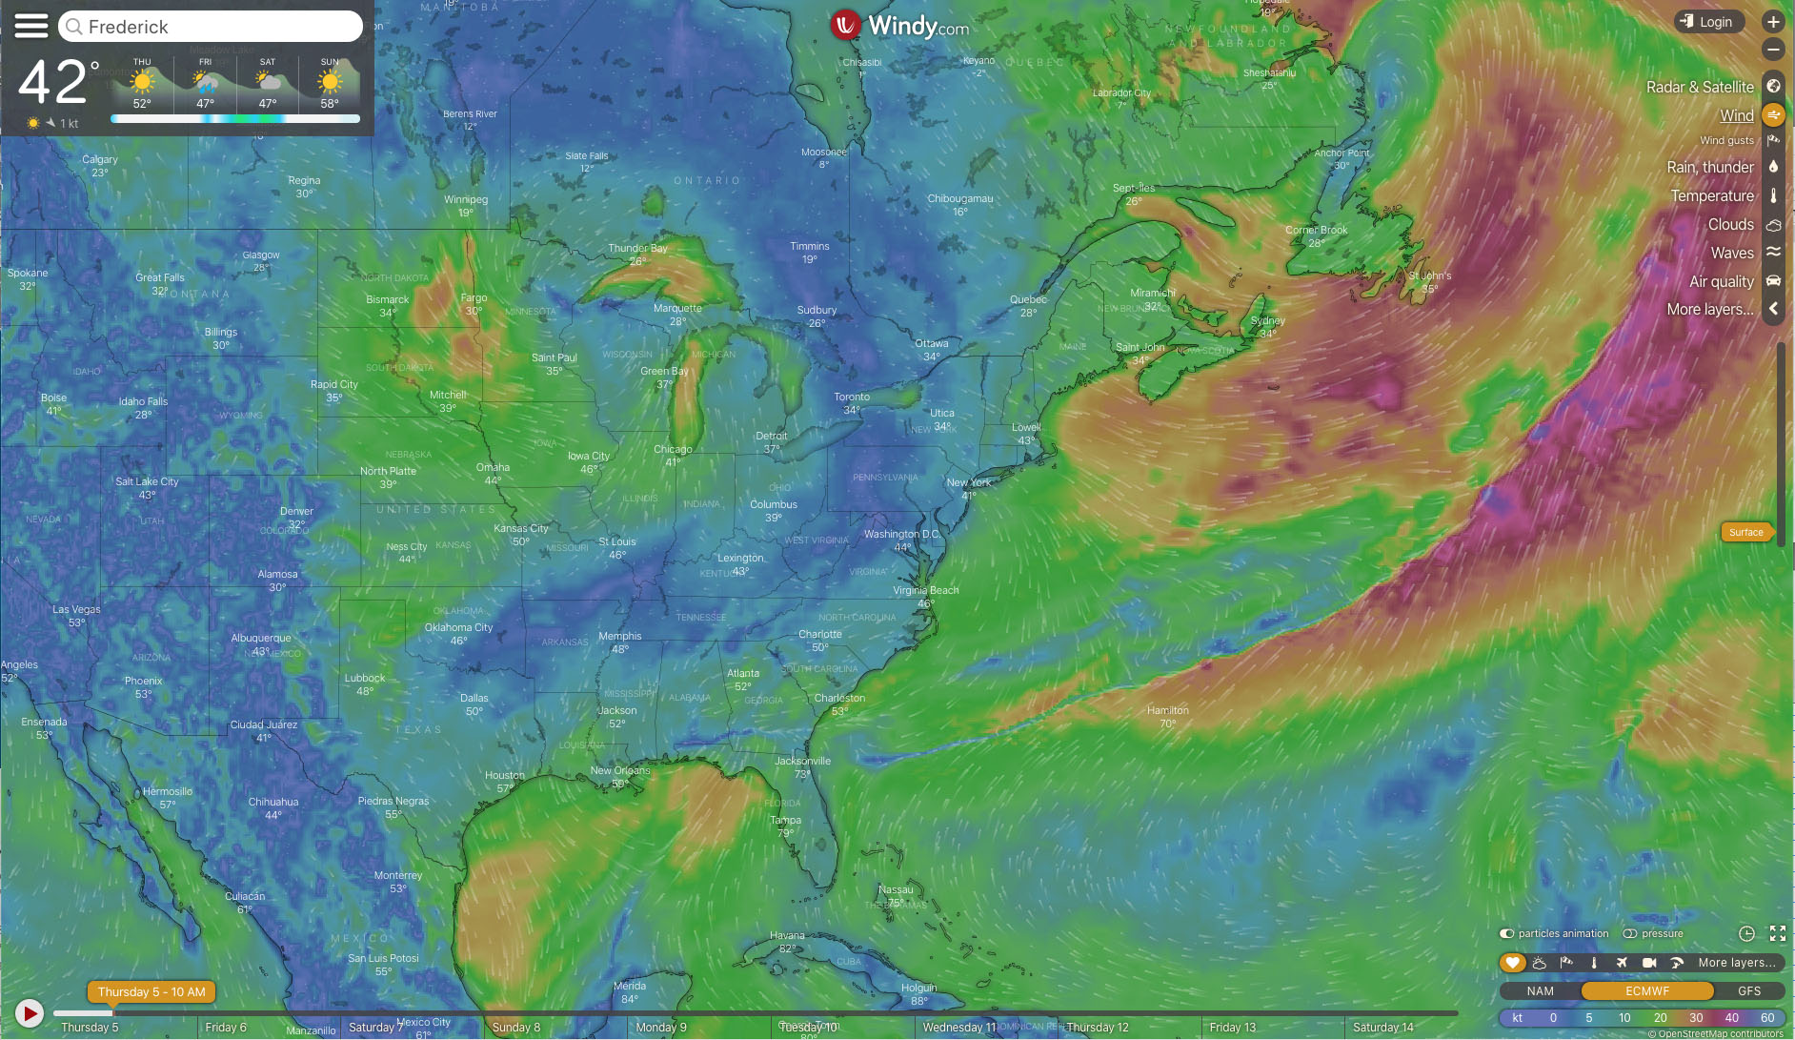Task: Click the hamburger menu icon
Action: (30, 26)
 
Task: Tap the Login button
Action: (1709, 22)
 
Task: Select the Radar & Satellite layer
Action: (1700, 87)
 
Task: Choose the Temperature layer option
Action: (1711, 195)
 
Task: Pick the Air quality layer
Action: (1721, 281)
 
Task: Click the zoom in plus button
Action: (1773, 22)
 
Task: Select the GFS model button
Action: (1748, 990)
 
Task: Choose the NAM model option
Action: (1540, 990)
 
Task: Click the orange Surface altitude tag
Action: (1746, 532)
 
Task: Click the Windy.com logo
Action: (899, 26)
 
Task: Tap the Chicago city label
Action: (673, 449)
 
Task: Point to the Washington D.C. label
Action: (901, 534)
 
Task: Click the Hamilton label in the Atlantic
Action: (1167, 710)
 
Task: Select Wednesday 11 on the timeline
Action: (958, 1027)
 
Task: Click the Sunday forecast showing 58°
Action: (330, 86)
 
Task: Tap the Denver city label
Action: (296, 511)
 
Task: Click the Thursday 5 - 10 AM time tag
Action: (151, 991)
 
